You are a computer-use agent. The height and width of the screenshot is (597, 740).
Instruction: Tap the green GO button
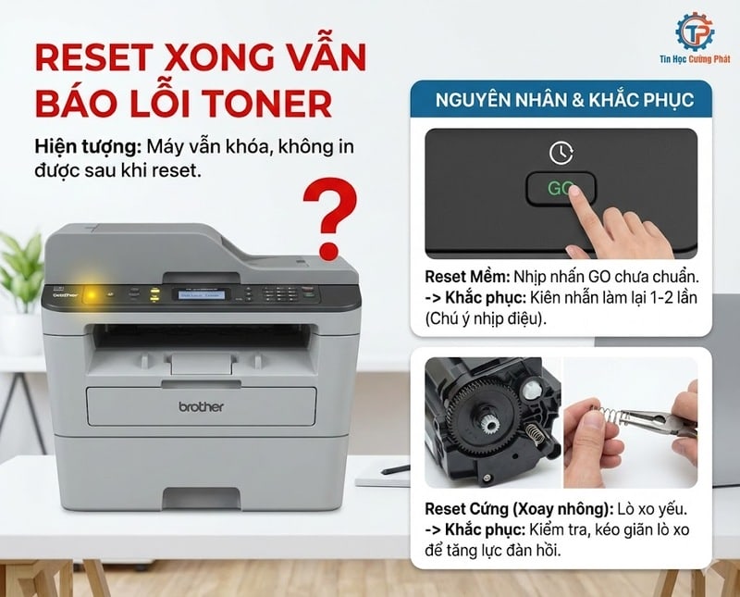tap(559, 189)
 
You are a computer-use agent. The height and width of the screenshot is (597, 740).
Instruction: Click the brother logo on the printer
tap(200, 406)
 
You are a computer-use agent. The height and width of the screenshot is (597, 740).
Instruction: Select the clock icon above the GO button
tap(561, 152)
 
